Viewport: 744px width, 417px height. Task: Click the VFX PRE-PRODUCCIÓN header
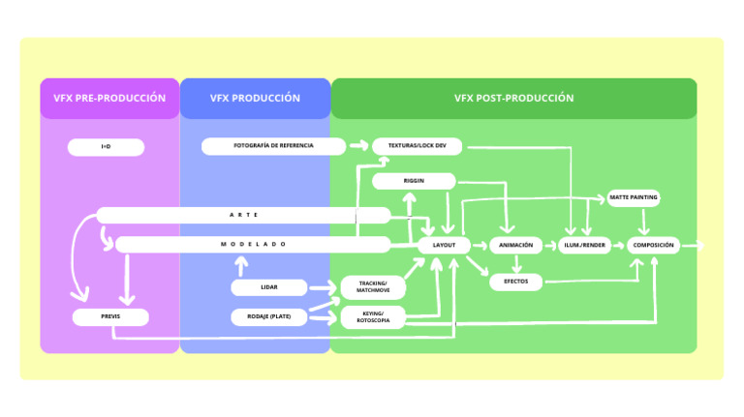pos(109,98)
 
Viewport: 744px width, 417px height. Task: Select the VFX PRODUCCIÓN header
pos(255,98)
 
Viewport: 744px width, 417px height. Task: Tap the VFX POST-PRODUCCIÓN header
pos(513,98)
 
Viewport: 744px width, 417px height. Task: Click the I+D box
pos(106,147)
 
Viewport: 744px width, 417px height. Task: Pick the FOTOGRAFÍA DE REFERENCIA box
pos(273,146)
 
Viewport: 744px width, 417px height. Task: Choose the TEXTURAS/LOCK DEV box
pos(417,146)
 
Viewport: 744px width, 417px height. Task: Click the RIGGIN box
pos(414,181)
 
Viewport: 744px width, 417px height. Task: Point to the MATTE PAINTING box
pos(634,198)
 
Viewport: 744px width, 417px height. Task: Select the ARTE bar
pos(243,215)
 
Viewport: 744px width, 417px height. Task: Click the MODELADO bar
pos(253,245)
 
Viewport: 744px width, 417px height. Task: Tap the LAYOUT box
pos(444,246)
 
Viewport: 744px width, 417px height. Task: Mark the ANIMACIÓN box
pos(515,246)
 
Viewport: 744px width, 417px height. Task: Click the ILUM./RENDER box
pos(585,246)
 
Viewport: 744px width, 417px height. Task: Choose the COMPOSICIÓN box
pos(653,246)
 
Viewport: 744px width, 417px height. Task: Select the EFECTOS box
pos(515,282)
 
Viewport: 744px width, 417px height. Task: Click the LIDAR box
pos(268,287)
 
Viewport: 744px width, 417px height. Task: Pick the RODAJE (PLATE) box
pos(268,316)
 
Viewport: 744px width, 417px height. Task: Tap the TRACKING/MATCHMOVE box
pos(373,286)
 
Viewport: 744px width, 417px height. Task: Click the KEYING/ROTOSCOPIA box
pos(373,316)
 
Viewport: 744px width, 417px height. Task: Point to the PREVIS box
pos(110,316)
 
